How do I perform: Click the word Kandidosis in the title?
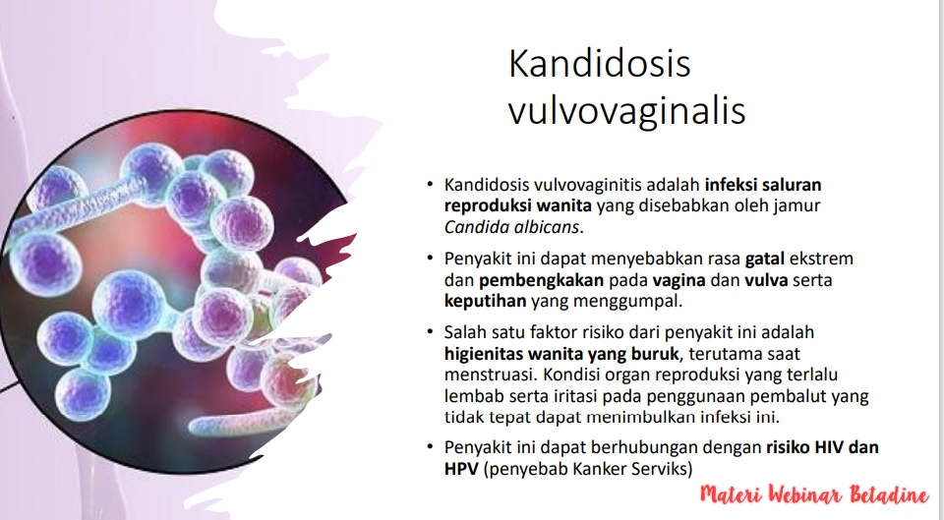[599, 63]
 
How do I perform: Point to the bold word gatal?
[765, 260]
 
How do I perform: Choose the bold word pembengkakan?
[541, 280]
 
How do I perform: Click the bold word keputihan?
[485, 301]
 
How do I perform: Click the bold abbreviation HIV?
[829, 447]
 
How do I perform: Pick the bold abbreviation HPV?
[461, 468]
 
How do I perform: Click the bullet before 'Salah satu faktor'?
[430, 331]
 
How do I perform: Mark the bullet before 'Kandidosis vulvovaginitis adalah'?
[430, 184]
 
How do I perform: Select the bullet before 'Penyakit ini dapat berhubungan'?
[430, 446]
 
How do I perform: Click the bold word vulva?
[766, 280]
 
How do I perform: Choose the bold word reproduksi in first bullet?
[489, 205]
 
